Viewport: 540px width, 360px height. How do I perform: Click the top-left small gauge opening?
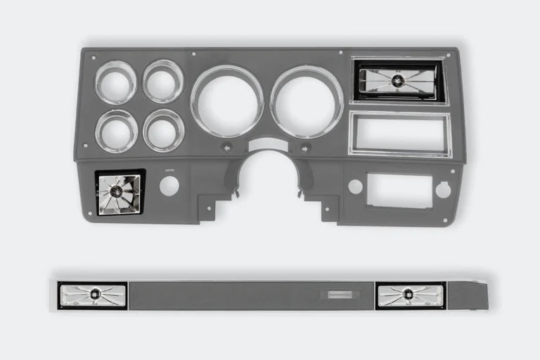[115, 83]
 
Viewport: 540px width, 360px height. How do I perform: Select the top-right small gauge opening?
[163, 82]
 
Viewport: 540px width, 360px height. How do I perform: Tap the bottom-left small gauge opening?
[116, 131]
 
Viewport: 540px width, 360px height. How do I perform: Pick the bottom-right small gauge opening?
[163, 130]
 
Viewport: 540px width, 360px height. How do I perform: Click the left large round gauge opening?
[226, 101]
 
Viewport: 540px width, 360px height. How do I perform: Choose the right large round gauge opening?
[307, 101]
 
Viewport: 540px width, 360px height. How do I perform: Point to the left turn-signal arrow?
[227, 147]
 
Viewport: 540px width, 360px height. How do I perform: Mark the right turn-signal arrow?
[305, 148]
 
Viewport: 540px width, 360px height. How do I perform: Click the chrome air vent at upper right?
[399, 80]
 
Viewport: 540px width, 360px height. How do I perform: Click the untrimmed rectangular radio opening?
[399, 191]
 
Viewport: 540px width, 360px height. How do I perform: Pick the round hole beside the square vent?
[169, 186]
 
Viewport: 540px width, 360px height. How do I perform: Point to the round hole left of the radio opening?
[355, 186]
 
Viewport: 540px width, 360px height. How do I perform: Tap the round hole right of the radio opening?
[443, 189]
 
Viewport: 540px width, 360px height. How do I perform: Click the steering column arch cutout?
[267, 176]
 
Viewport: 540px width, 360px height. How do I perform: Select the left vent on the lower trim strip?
[92, 295]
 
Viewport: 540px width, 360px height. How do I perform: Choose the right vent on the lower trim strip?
[410, 295]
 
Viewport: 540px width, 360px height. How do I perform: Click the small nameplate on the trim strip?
[342, 295]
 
